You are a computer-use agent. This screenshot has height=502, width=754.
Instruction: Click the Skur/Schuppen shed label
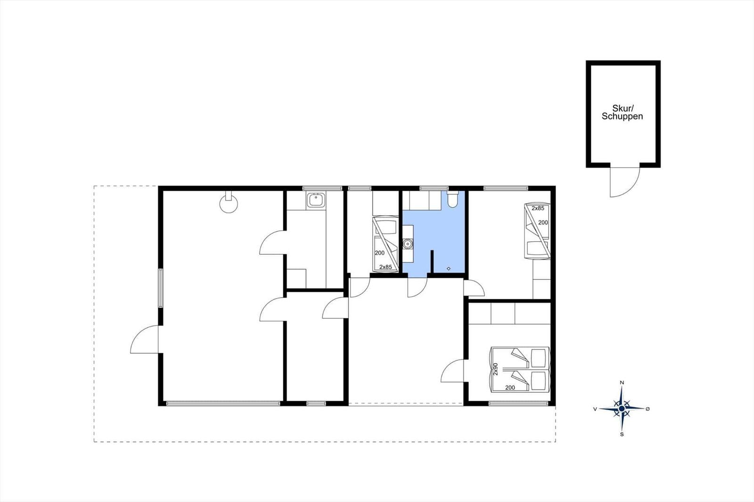623,113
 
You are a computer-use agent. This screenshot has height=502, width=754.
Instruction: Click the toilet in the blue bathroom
453,199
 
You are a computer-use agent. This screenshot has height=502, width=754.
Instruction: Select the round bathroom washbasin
408,243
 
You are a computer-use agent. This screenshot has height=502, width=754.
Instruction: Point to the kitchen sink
316,200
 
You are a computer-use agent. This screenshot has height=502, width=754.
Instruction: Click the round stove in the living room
229,203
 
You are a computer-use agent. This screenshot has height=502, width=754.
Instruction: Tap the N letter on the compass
622,382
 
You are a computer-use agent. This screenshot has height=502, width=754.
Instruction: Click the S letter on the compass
622,434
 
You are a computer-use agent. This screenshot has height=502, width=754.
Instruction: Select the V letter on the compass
595,409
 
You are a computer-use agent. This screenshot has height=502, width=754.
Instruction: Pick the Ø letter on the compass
647,409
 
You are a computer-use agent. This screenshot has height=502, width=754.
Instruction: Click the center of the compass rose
622,408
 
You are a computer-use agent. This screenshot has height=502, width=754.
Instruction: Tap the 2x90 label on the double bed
495,369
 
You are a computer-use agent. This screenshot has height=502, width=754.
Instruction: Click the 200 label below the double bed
510,388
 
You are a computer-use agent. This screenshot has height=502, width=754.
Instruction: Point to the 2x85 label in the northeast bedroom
538,208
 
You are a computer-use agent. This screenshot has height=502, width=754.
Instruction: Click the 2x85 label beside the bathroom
386,267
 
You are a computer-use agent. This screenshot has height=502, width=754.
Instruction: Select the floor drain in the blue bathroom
448,268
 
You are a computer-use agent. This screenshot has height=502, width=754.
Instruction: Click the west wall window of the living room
161,288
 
